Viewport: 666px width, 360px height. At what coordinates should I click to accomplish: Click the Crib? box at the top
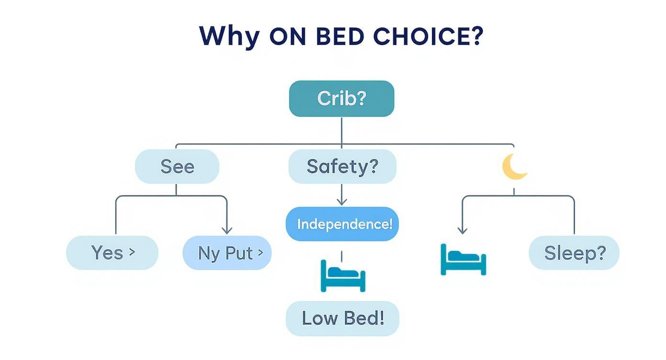pos(341,99)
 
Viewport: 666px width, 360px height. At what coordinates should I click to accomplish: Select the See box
pos(177,167)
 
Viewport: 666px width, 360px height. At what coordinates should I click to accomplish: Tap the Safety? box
pos(342,167)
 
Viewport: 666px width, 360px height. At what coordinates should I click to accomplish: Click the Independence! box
pos(342,224)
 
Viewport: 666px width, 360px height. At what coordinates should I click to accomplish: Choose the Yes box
pos(112,253)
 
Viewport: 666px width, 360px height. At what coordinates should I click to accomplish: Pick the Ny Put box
pos(227,253)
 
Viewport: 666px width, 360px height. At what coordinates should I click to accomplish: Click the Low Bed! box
pos(342,318)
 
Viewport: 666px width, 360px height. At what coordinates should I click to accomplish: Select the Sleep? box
pos(574,253)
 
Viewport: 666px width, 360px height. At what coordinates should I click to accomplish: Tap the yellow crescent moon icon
pos(514,167)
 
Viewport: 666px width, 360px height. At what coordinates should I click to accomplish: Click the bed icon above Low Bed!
pos(343,276)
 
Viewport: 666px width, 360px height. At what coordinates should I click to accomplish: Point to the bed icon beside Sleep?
pos(463,260)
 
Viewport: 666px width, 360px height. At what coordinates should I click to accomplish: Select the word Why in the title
pos(229,36)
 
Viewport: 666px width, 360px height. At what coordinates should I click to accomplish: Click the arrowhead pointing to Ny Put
pos(227,230)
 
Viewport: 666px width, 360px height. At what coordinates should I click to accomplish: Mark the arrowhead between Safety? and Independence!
pos(342,202)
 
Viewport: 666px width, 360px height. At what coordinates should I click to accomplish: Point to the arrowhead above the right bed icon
pos(462,230)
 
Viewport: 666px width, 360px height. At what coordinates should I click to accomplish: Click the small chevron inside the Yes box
pos(132,252)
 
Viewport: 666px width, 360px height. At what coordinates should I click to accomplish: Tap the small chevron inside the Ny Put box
pos(260,252)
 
